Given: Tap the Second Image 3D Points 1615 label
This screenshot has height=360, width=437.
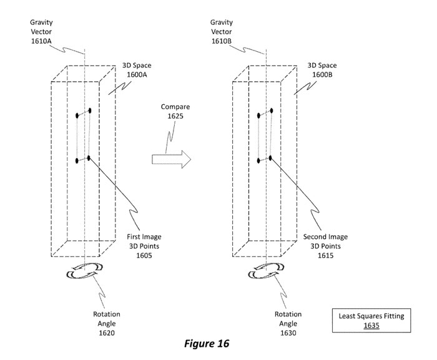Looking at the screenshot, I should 325,246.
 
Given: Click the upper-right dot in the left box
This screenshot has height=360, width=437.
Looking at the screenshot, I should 90,110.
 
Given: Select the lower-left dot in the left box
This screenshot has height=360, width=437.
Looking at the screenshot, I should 77,161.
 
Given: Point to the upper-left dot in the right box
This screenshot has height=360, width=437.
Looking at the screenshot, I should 259,115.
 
